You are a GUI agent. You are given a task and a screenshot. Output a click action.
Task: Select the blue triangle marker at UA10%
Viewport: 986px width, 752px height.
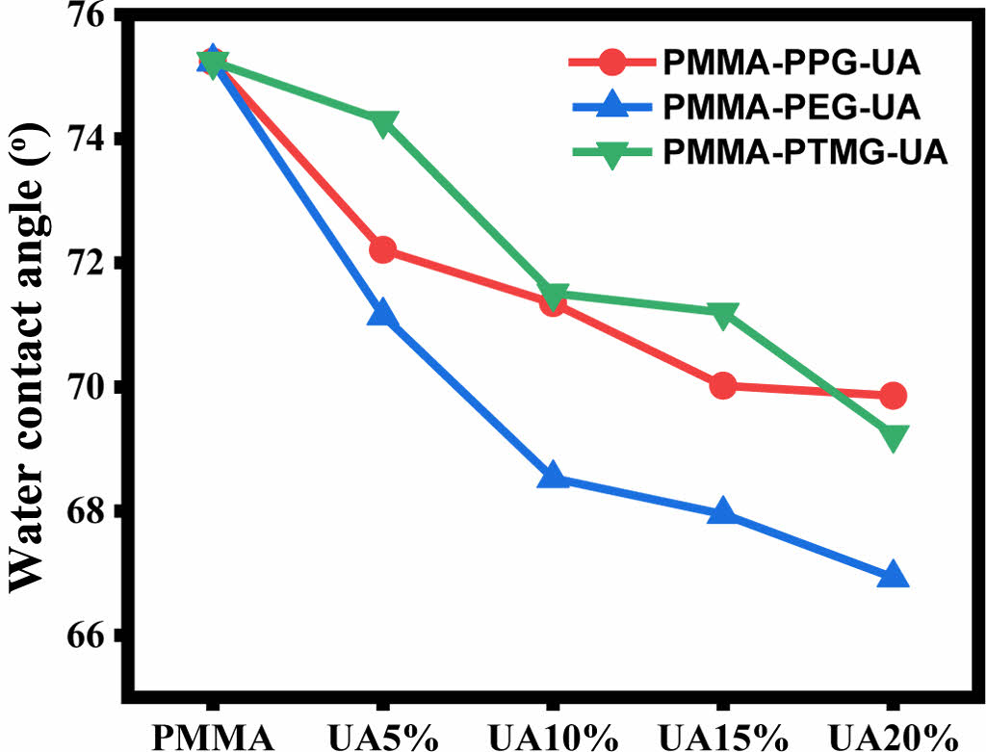(x=553, y=476)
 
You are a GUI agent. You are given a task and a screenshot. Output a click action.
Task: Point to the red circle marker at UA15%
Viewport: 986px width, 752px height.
(x=723, y=386)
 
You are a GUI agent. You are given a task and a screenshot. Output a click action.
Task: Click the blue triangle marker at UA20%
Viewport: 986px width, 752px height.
(x=893, y=575)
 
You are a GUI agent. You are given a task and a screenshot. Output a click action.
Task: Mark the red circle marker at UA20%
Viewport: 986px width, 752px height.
(x=893, y=395)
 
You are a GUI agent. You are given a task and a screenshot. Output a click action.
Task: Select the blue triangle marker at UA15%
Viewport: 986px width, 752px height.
(x=723, y=512)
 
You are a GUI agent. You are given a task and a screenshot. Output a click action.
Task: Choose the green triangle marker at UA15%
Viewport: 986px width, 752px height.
(x=723, y=314)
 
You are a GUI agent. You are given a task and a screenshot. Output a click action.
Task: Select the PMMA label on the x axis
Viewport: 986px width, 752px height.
(x=212, y=735)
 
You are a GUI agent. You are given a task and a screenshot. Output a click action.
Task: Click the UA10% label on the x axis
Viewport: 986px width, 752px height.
(x=553, y=735)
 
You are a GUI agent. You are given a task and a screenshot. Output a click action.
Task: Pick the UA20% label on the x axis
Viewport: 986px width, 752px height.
(x=893, y=735)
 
